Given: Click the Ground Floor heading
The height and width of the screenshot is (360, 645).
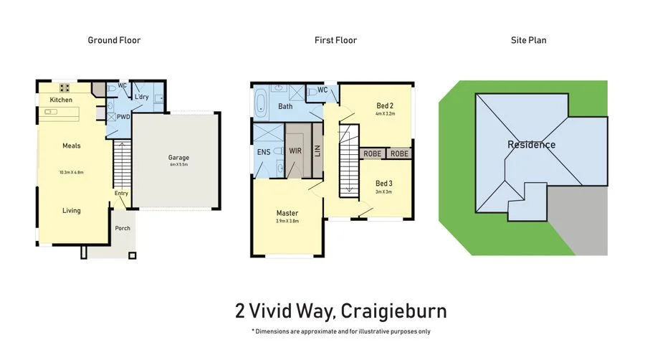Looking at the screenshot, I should tap(114, 40).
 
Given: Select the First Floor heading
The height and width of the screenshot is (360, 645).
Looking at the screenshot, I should tap(335, 40).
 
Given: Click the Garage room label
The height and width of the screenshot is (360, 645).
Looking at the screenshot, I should tap(178, 158).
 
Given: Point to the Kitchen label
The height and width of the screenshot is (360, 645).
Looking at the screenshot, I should tap(61, 100).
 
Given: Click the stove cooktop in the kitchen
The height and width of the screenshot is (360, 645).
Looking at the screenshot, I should tap(64, 88).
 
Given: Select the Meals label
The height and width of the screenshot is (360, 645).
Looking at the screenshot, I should tap(71, 146).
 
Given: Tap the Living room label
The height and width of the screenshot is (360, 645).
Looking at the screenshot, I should tap(71, 211).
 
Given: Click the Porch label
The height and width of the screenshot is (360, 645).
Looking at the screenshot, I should tap(123, 229).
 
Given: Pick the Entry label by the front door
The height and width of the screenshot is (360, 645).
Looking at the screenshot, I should tap(120, 193).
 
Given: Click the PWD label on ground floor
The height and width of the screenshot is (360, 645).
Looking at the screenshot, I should tap(123, 116).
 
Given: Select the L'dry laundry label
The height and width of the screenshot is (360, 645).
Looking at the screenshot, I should tap(141, 98).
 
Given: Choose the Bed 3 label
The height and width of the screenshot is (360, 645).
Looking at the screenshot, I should tap(384, 183).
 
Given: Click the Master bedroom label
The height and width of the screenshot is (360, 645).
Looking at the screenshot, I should tap(287, 213).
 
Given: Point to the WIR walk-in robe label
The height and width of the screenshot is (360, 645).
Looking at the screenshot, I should tap(295, 151).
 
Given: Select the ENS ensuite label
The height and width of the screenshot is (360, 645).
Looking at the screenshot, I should tap(263, 152).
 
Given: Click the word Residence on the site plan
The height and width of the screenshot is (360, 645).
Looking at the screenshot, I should tap(531, 145).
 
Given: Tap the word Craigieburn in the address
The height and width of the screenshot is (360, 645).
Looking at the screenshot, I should tap(393, 311).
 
